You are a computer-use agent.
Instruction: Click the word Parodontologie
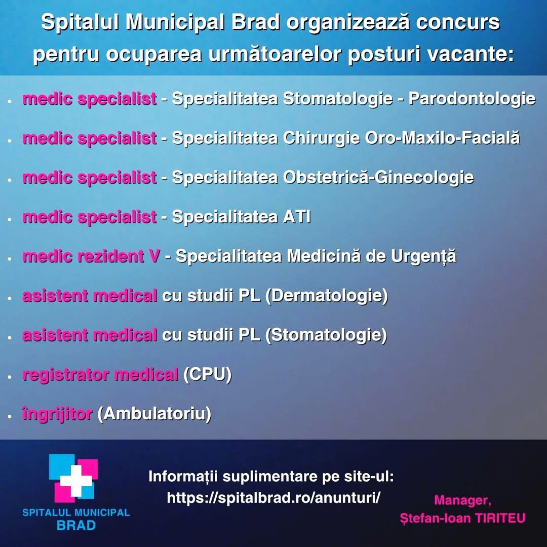(472, 99)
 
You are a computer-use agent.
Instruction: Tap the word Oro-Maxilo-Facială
(442, 138)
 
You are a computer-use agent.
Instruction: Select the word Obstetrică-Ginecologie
(378, 178)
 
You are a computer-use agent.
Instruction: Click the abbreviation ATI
(296, 217)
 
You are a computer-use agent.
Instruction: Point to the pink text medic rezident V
(91, 256)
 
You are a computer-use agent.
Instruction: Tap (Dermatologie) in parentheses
(327, 296)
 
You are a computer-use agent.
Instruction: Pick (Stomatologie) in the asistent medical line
(326, 335)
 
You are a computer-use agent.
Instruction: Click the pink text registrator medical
(100, 375)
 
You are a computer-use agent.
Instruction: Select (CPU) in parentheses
(208, 375)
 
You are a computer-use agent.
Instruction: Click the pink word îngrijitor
(58, 414)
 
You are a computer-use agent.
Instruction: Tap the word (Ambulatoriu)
(154, 414)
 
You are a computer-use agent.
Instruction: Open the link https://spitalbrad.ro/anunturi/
(273, 497)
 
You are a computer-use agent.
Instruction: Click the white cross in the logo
(76, 481)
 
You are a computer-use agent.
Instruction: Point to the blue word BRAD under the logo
(76, 525)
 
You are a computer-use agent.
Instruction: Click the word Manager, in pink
(462, 500)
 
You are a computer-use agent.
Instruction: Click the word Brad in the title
(256, 22)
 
